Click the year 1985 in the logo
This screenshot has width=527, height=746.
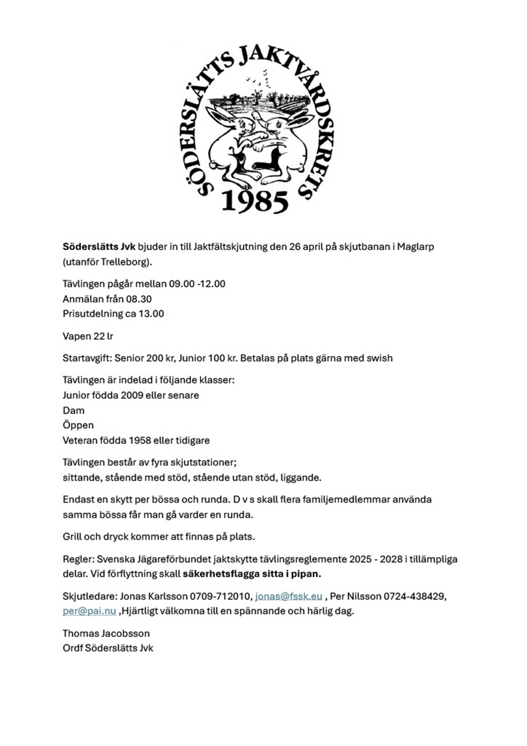pyautogui.click(x=255, y=200)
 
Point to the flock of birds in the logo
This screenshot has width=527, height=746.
pyautogui.click(x=259, y=79)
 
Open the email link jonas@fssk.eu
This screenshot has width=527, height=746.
pyautogui.click(x=288, y=596)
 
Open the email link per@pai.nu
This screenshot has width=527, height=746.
pyautogui.click(x=89, y=611)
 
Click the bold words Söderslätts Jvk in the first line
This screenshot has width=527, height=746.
pyautogui.click(x=99, y=246)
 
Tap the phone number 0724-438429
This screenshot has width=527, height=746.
pyautogui.click(x=414, y=596)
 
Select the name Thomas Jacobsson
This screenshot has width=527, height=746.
pyautogui.click(x=106, y=633)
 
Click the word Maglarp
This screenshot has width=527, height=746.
pyautogui.click(x=416, y=246)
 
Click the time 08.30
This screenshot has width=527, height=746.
pyautogui.click(x=139, y=299)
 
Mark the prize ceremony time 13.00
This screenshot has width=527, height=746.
pyautogui.click(x=151, y=313)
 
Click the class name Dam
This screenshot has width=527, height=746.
pyautogui.click(x=73, y=410)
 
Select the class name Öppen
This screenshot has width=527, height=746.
pyautogui.click(x=78, y=425)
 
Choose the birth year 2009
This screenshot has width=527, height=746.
pyautogui.click(x=132, y=395)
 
